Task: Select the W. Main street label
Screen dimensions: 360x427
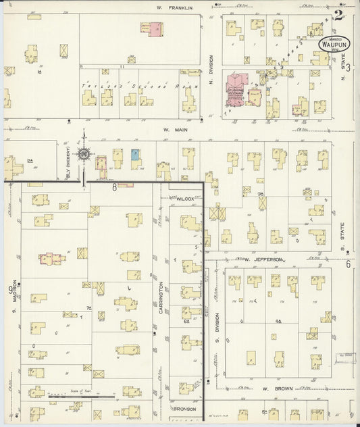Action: pyautogui.click(x=174, y=129)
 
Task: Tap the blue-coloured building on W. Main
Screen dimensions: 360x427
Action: pyautogui.click(x=135, y=155)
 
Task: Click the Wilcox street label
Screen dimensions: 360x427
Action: pyautogui.click(x=185, y=199)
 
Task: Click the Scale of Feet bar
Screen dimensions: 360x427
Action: pyautogui.click(x=70, y=396)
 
